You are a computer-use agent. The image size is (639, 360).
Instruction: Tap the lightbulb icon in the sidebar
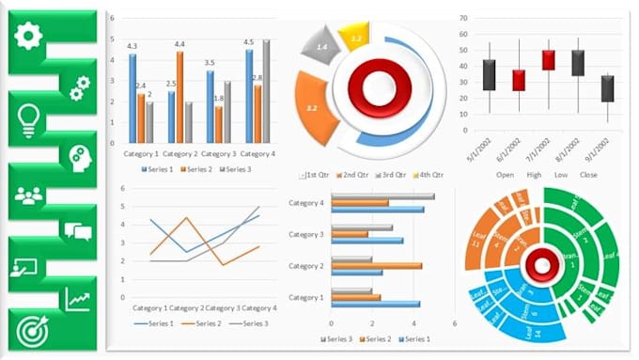(x=29, y=117)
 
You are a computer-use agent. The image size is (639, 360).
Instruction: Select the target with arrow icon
(x=31, y=330)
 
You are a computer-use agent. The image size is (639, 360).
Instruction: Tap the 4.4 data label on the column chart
(x=179, y=44)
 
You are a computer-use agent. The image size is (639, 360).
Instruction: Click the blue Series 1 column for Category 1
(x=132, y=98)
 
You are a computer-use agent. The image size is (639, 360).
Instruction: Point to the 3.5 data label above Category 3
(x=210, y=63)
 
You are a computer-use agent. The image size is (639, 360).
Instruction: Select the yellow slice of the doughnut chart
(x=356, y=39)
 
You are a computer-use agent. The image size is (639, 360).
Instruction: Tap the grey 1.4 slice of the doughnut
(x=321, y=46)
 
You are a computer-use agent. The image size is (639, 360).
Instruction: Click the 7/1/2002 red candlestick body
(x=548, y=60)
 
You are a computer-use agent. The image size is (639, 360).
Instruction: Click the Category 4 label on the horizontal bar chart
(x=305, y=203)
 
